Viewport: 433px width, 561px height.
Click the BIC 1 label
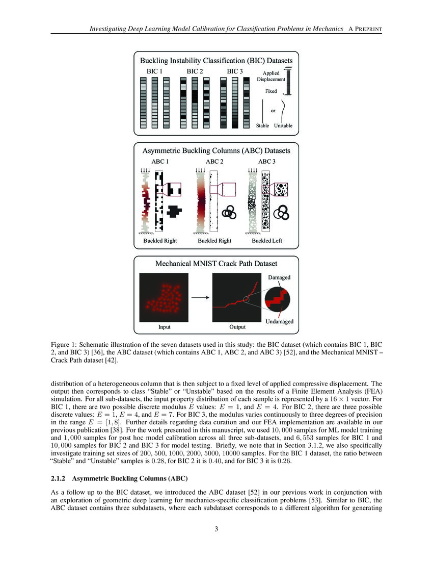click(154, 71)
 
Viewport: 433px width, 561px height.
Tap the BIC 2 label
click(195, 71)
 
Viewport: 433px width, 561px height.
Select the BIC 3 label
click(235, 71)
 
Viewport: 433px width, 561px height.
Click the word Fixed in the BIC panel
click(271, 91)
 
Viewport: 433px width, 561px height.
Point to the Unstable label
click(283, 125)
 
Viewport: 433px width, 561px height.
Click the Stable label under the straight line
click(263, 125)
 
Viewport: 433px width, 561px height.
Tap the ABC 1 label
click(160, 162)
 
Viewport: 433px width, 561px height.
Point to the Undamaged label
click(279, 321)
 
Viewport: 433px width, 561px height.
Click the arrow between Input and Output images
click(200, 297)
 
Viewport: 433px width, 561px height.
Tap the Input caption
click(164, 327)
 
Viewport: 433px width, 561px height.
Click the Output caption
click(237, 327)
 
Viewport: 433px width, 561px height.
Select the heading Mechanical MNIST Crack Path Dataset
click(216, 264)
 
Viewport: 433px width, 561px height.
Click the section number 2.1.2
click(59, 478)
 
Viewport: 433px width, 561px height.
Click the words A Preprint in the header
click(365, 29)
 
